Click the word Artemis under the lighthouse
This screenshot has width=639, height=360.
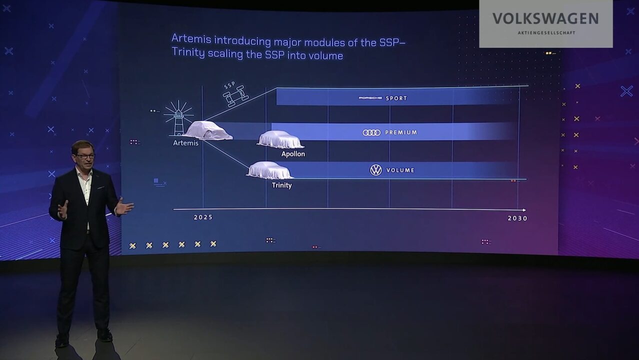click(x=185, y=143)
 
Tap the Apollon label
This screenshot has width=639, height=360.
click(x=293, y=154)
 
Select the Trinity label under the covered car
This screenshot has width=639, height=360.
click(x=281, y=185)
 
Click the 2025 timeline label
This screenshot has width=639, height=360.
click(x=203, y=217)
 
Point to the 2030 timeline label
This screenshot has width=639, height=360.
click(x=517, y=218)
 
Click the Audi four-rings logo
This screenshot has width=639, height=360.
click(x=371, y=132)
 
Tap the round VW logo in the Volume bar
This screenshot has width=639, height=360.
click(x=376, y=170)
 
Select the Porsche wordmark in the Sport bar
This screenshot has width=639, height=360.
click(x=370, y=98)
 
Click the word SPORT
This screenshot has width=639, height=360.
click(x=396, y=98)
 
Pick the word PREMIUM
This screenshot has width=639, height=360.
click(x=401, y=132)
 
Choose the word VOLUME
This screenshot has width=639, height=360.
click(x=400, y=170)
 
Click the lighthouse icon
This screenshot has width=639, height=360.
click(x=178, y=118)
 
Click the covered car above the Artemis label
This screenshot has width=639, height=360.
click(x=208, y=130)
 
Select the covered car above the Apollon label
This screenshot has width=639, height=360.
click(x=280, y=140)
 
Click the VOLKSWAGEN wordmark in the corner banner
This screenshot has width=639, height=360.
click(x=545, y=19)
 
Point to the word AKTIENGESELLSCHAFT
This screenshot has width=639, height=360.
click(x=546, y=33)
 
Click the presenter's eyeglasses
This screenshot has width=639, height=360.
click(x=85, y=156)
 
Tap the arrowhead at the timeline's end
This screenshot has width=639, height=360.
click(x=524, y=210)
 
